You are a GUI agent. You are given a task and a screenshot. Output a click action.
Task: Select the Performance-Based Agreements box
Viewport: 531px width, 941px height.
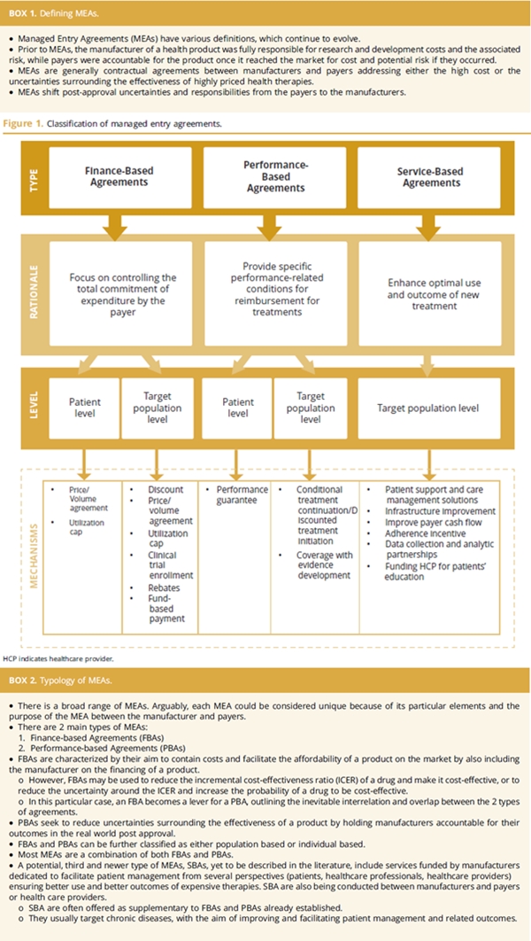(x=273, y=176)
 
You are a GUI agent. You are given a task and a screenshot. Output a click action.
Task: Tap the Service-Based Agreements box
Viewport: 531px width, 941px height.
(x=431, y=176)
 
